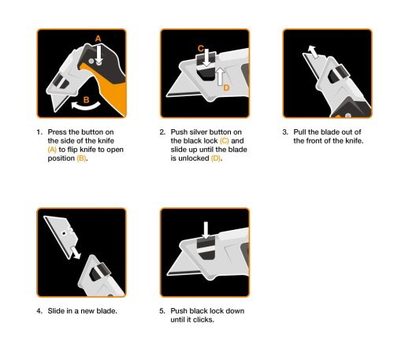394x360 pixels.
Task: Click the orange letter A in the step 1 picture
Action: tap(98, 39)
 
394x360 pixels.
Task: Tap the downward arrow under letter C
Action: tap(203, 61)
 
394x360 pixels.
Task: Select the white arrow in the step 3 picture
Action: tap(314, 51)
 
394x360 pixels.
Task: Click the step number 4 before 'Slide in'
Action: tap(39, 311)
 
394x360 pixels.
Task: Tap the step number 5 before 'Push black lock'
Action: tap(162, 311)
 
